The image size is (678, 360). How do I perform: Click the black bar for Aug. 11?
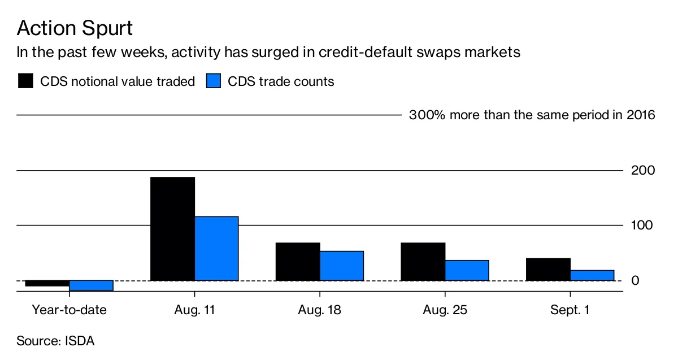pyautogui.click(x=172, y=228)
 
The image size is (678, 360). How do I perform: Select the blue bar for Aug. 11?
pyautogui.click(x=216, y=248)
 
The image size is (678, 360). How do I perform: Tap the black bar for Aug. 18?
pyautogui.click(x=298, y=261)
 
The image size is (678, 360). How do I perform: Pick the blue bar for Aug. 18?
pyautogui.click(x=342, y=266)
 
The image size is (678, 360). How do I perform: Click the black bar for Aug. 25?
pyautogui.click(x=423, y=261)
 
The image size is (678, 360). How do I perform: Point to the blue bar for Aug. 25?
pyautogui.click(x=467, y=270)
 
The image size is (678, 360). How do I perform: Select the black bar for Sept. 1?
pyautogui.click(x=548, y=269)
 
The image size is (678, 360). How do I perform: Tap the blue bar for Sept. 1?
pyautogui.click(x=592, y=275)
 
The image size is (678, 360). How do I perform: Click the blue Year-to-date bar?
pyautogui.click(x=91, y=285)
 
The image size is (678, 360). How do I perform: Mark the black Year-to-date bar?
pyautogui.click(x=47, y=283)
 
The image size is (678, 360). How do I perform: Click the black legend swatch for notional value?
pyautogui.click(x=26, y=81)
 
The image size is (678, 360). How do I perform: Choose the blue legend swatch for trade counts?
pyautogui.click(x=213, y=81)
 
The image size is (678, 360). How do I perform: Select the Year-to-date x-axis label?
pyautogui.click(x=69, y=310)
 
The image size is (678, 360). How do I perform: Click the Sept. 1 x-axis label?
pyautogui.click(x=570, y=310)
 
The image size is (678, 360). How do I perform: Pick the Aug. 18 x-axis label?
pyautogui.click(x=319, y=310)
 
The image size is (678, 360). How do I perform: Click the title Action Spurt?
pyautogui.click(x=75, y=28)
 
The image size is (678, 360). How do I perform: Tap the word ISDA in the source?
pyautogui.click(x=80, y=341)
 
